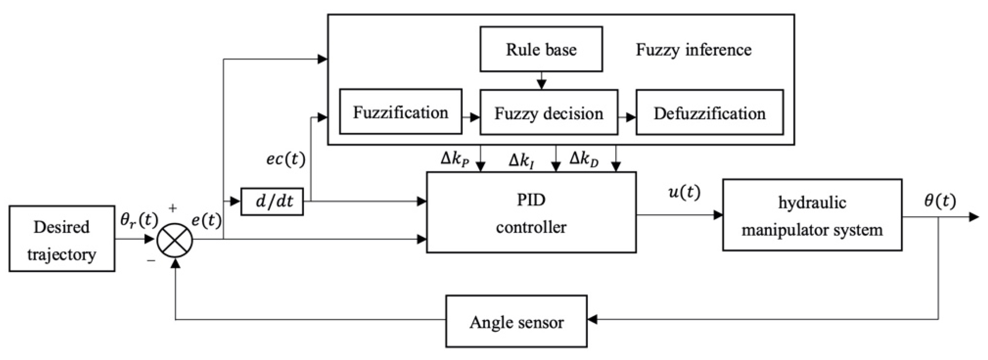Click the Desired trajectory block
pos(62,239)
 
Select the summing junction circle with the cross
pos(175,240)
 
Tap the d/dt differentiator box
pos(272,202)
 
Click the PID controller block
pos(531,213)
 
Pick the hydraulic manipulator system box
pos(812,215)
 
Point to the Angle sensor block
pos(516,321)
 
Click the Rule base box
pos(541,49)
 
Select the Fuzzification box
pos(400,112)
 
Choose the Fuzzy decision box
pos(548,113)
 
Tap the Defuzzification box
pos(709,113)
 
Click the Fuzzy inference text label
pos(693,50)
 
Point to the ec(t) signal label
pos(286,159)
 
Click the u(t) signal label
pos(684,192)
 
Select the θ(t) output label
pos(940,201)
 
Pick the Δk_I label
pos(522,160)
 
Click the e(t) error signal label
pos(206,221)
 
